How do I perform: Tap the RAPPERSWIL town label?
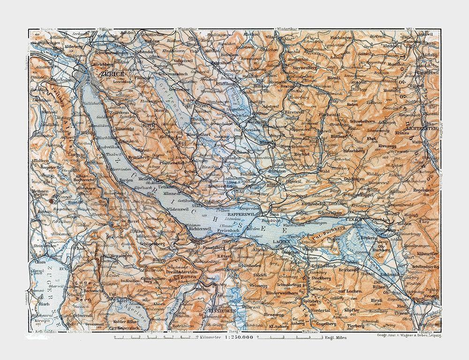point(254,214)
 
